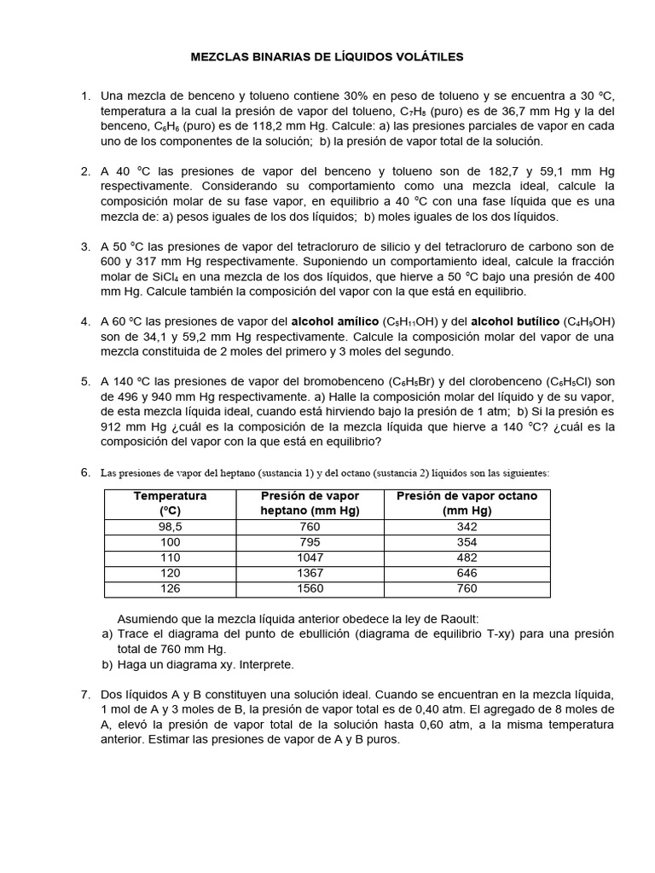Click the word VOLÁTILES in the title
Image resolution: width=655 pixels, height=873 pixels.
423,56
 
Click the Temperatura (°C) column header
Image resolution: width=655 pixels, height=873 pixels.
171,503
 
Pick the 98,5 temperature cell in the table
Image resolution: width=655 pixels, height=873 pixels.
171,527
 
